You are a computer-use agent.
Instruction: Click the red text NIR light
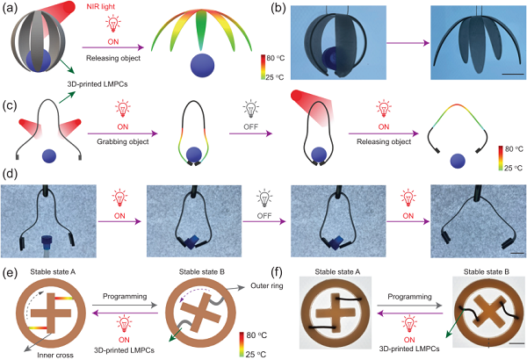coord(101,6)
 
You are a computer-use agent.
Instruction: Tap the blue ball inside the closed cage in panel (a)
coord(39,61)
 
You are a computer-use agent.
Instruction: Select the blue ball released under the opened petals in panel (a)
coord(202,66)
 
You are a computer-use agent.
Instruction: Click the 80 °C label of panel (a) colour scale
coord(275,58)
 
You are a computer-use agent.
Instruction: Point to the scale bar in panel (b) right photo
coord(512,74)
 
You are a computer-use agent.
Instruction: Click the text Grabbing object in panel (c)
coord(123,141)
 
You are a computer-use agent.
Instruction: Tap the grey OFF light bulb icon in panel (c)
coord(250,108)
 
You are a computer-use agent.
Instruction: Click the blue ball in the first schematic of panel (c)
coord(49,155)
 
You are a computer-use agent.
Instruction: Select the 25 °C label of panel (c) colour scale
coord(513,168)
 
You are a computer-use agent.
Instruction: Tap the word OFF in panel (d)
coord(264,216)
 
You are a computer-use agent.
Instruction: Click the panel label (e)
coord(9,273)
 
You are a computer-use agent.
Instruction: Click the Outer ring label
coord(267,285)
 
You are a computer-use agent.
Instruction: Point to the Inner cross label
coord(55,355)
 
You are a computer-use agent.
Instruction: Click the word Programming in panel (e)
coord(125,297)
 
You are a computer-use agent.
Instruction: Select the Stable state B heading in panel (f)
coord(487,271)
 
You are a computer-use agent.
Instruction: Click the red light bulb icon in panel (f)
coord(409,326)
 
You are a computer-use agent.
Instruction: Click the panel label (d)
coord(9,175)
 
